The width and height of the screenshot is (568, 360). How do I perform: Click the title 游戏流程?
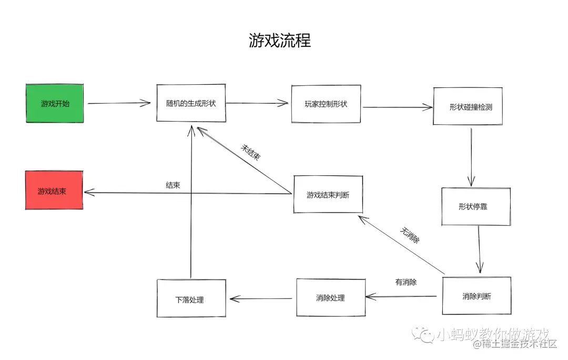click(x=280, y=41)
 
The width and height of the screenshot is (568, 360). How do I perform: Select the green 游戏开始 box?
click(x=55, y=104)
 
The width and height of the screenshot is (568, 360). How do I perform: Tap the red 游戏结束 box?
click(x=54, y=191)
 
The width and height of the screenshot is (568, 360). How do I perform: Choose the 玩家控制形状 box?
click(x=326, y=104)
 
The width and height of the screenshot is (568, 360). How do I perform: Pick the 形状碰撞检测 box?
click(x=468, y=106)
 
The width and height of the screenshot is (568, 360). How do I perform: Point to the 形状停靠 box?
click(x=475, y=206)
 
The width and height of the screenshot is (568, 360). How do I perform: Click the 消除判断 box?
click(x=476, y=296)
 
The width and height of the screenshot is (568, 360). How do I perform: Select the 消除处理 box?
click(x=330, y=298)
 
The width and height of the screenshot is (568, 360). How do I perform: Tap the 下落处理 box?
click(x=191, y=299)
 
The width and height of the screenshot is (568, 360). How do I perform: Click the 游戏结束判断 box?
click(x=328, y=195)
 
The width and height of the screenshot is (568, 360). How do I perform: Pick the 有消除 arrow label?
click(x=405, y=282)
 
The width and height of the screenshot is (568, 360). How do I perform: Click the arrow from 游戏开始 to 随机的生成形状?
click(x=119, y=103)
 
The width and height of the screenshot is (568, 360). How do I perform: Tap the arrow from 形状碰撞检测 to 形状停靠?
click(x=472, y=156)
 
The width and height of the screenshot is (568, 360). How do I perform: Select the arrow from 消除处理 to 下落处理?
click(x=261, y=298)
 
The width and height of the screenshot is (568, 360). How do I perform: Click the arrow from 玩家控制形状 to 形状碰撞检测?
click(x=397, y=107)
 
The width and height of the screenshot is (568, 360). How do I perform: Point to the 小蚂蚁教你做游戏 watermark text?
click(x=492, y=334)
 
